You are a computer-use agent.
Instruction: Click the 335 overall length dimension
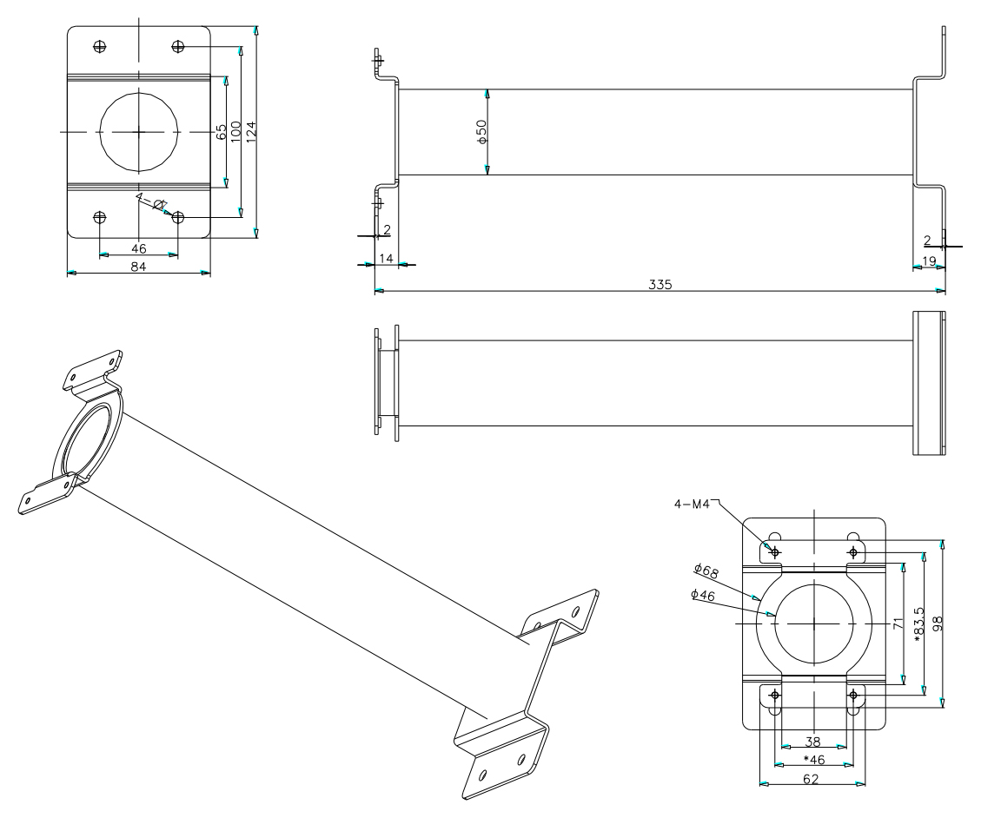pyautogui.click(x=660, y=284)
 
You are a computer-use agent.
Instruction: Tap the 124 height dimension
pyautogui.click(x=250, y=132)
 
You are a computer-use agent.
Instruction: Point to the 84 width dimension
pyautogui.click(x=138, y=266)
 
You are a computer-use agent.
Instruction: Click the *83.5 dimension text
pyautogui.click(x=918, y=623)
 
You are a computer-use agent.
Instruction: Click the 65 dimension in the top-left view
pyautogui.click(x=222, y=131)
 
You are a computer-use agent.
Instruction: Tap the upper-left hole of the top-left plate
pyautogui.click(x=100, y=46)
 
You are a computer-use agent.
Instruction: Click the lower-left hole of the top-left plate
pyautogui.click(x=100, y=216)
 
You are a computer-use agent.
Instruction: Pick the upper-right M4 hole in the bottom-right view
pyautogui.click(x=853, y=552)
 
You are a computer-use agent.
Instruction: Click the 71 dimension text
pyautogui.click(x=898, y=623)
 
